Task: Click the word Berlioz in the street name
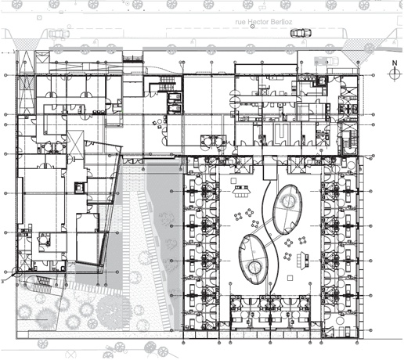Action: pyautogui.click(x=280, y=22)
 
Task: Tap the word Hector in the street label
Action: pyautogui.click(x=258, y=22)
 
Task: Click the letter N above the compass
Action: pyautogui.click(x=395, y=63)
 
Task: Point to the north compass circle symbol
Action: pyautogui.click(x=395, y=74)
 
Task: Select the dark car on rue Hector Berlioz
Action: pyautogui.click(x=301, y=33)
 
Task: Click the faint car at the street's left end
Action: pyautogui.click(x=60, y=34)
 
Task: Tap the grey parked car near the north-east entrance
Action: pyautogui.click(x=326, y=61)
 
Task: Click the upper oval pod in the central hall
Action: pyautogui.click(x=287, y=210)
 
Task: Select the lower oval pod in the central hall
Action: pyautogui.click(x=254, y=259)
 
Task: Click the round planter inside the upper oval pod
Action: pyautogui.click(x=288, y=200)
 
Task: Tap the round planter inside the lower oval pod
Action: pyautogui.click(x=254, y=268)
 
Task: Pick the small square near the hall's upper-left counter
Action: pyautogui.click(x=233, y=181)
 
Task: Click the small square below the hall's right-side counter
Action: pyautogui.click(x=290, y=278)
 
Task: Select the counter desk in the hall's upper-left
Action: pyautogui.click(x=241, y=192)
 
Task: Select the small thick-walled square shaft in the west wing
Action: pyautogui.click(x=79, y=187)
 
